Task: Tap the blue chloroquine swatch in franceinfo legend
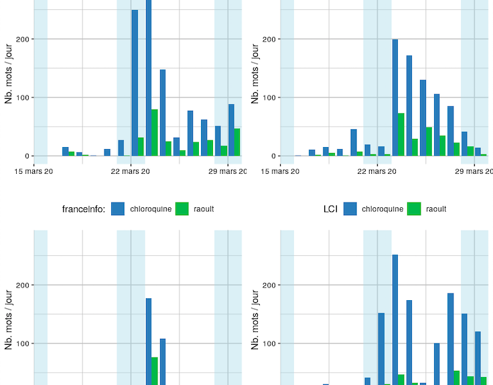[119, 209]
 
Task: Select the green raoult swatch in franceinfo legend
[182, 209]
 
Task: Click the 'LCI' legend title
[330, 209]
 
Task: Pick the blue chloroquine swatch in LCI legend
[350, 209]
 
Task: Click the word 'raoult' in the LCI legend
[436, 209]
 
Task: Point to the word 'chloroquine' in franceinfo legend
[151, 209]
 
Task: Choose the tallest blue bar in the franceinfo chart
[149, 341]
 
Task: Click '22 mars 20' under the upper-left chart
[131, 171]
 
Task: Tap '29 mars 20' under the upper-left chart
[228, 171]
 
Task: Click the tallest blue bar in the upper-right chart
[395, 98]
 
